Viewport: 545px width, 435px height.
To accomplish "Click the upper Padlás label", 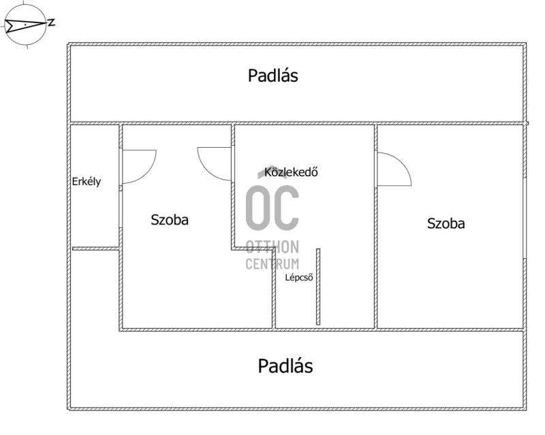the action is pyautogui.click(x=273, y=76).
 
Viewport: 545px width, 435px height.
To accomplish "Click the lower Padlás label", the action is pyautogui.click(x=285, y=366).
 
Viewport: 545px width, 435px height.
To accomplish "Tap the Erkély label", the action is pyautogui.click(x=87, y=182).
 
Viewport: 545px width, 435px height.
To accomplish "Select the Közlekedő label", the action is pyautogui.click(x=291, y=172).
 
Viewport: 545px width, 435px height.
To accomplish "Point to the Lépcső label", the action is pyautogui.click(x=299, y=278).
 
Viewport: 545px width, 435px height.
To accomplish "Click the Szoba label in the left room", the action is pyautogui.click(x=170, y=220).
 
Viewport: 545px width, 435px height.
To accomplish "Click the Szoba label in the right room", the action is pyautogui.click(x=446, y=223).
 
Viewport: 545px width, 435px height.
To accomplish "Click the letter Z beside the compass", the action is pyautogui.click(x=52, y=23).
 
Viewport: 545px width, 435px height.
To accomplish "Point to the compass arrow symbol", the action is pyautogui.click(x=25, y=25).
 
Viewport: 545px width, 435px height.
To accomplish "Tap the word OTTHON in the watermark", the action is pyautogui.click(x=272, y=247).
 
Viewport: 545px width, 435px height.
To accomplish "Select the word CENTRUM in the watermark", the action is pyautogui.click(x=272, y=264).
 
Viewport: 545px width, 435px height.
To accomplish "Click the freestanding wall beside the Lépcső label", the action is pyautogui.click(x=318, y=287).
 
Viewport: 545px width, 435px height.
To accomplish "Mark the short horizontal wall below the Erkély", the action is pyautogui.click(x=96, y=248).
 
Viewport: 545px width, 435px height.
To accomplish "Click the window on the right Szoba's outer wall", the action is pyautogui.click(x=525, y=219).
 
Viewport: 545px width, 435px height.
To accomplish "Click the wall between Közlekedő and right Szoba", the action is pyautogui.click(x=376, y=226).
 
